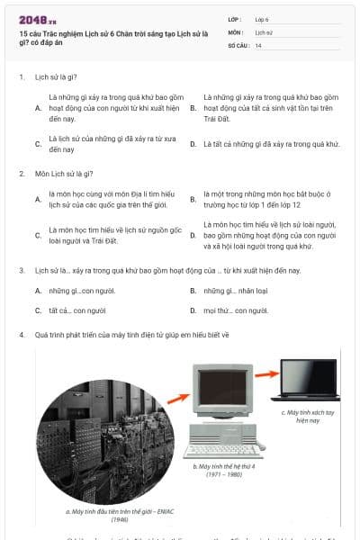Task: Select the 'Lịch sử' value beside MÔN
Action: click(264, 31)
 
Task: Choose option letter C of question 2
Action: click(38, 236)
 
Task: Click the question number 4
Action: click(21, 334)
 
